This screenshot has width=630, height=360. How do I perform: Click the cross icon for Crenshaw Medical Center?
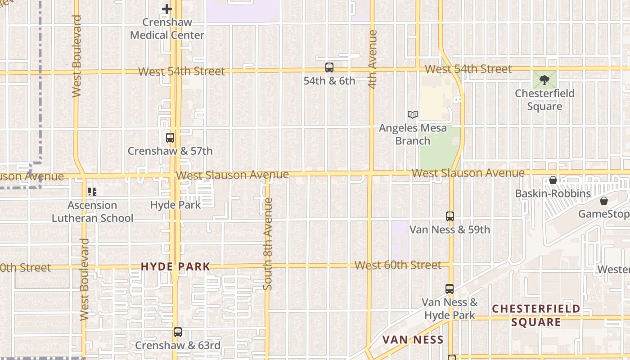[x=167, y=9]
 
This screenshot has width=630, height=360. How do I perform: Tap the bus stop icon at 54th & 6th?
[x=329, y=67]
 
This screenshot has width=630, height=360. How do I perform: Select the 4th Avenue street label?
[x=372, y=59]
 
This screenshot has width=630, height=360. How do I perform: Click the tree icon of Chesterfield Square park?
[x=544, y=80]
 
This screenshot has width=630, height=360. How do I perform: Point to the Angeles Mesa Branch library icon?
[x=412, y=115]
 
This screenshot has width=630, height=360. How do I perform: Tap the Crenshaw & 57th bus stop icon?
[x=170, y=138]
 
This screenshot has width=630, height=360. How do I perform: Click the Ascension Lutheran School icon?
[x=92, y=192]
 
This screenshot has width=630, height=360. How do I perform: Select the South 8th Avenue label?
[x=268, y=243]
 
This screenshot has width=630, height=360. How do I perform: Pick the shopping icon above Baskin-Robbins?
[x=553, y=180]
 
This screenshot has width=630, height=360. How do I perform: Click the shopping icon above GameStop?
[x=603, y=201]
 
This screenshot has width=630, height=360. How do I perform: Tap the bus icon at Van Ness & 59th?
[x=450, y=216]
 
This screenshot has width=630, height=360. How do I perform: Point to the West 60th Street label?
[x=398, y=265]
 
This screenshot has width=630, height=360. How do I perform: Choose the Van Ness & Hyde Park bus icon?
[x=449, y=289]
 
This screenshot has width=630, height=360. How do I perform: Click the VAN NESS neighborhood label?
[x=413, y=340]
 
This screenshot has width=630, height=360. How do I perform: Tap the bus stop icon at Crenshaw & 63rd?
[x=178, y=332]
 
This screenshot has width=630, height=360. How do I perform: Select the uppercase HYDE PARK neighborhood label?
[x=175, y=266]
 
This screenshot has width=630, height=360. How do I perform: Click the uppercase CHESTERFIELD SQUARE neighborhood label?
[x=536, y=315]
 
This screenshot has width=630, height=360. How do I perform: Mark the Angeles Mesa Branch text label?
[x=413, y=134]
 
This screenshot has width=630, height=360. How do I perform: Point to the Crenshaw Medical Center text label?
[x=167, y=28]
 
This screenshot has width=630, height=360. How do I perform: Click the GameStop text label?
[x=603, y=214]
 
